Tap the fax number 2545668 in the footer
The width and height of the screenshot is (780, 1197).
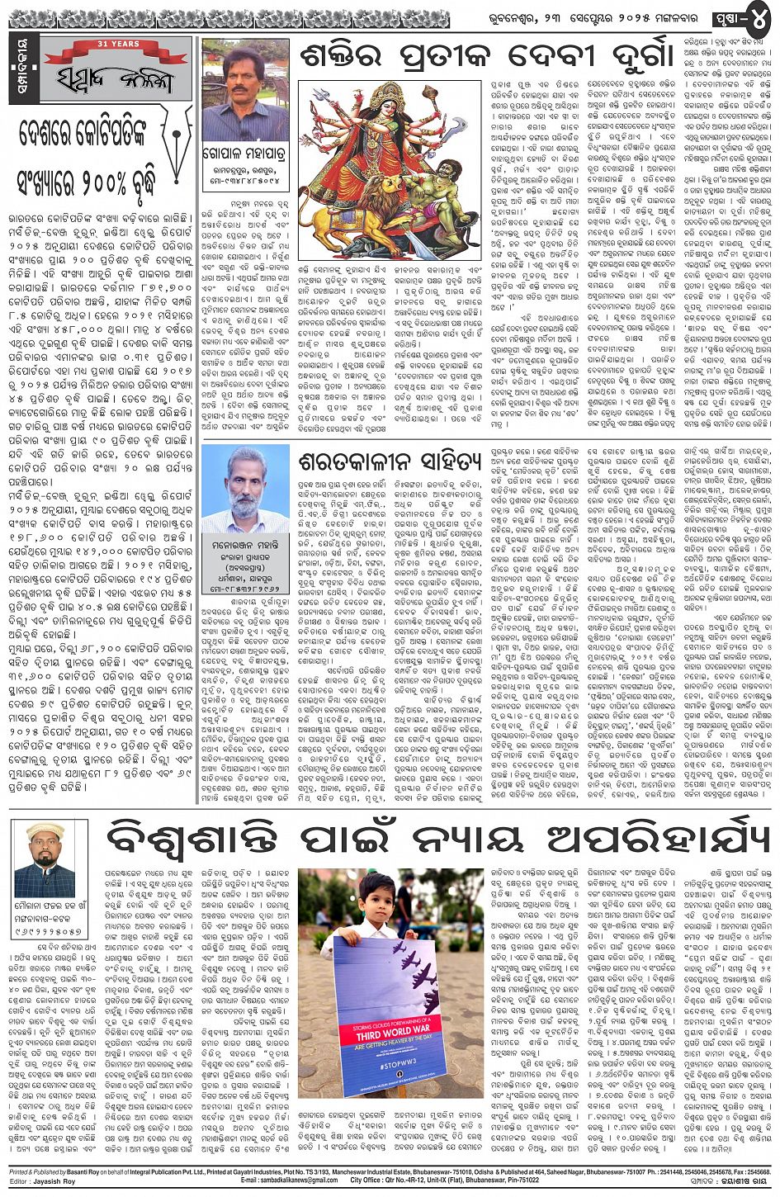point(754,1172)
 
